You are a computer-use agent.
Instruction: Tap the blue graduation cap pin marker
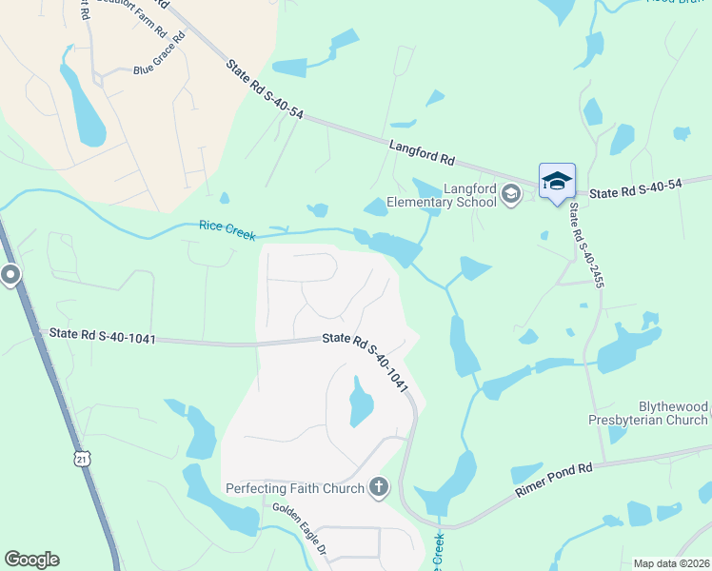click(x=557, y=181)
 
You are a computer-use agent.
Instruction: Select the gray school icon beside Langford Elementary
click(x=511, y=195)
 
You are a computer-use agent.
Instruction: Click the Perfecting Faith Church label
click(x=295, y=488)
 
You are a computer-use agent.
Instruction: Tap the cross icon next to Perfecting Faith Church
click(x=379, y=488)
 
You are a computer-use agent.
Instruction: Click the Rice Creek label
click(x=227, y=226)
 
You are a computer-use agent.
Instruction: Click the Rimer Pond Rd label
click(x=553, y=480)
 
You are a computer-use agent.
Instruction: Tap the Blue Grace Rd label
click(x=157, y=69)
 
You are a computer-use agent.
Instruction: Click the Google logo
click(x=31, y=560)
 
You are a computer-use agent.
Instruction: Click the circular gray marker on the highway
click(x=10, y=276)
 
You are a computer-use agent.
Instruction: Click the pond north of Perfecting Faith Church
click(x=361, y=403)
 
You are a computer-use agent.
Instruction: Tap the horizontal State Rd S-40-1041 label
click(x=102, y=335)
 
